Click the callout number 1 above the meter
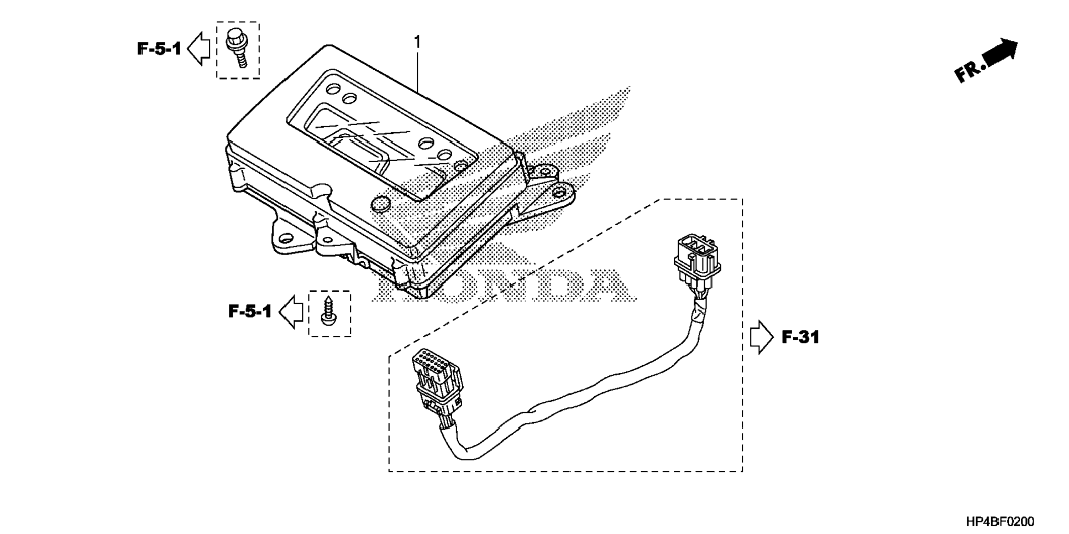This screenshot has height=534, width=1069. coord(417,42)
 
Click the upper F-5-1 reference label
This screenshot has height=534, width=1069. coord(159,49)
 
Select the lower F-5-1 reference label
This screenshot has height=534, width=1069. coord(250,312)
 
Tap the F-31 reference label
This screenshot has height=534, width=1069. coord(800,336)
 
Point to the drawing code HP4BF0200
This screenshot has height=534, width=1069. coord(1000,522)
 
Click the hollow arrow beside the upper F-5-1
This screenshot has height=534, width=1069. coord(199,49)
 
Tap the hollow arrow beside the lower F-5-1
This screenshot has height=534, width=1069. coord(291,312)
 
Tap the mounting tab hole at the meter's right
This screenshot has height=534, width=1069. coord(559,193)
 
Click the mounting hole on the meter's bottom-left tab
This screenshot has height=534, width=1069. coord(286,239)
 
